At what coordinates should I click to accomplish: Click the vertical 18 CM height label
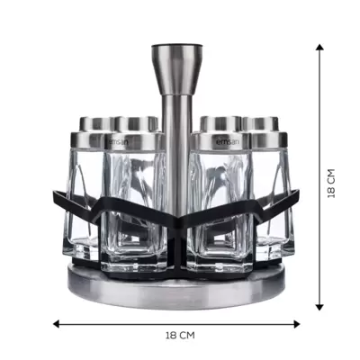click(330, 184)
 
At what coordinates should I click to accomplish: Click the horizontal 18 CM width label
click(180, 335)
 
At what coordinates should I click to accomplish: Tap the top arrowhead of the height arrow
click(319, 47)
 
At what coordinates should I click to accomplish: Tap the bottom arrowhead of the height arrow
click(319, 307)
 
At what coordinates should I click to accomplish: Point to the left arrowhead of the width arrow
click(56, 324)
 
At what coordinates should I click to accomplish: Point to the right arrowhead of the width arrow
click(297, 324)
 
